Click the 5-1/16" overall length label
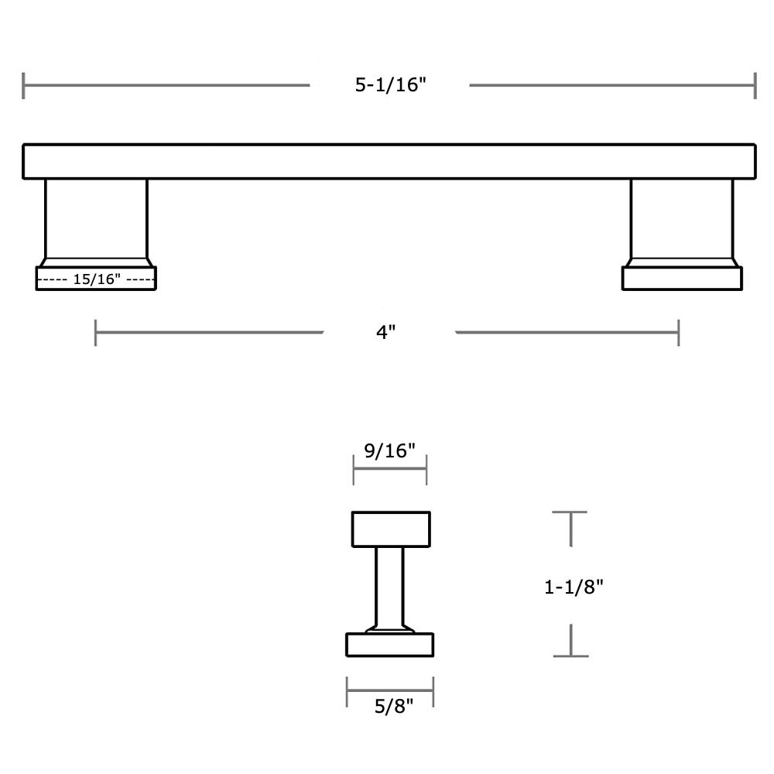[x=391, y=85]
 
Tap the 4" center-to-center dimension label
[x=386, y=332]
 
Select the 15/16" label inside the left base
[x=97, y=279]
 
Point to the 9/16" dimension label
[x=390, y=450]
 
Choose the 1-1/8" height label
[x=574, y=587]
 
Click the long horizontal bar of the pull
[x=389, y=162]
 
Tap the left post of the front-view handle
[x=96, y=219]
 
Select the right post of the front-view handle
[x=682, y=219]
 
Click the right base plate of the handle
[x=682, y=279]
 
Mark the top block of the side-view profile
[x=391, y=529]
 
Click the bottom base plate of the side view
[x=390, y=645]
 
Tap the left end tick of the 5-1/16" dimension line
[x=24, y=85]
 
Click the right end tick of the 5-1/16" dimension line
[x=755, y=85]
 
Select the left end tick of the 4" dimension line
[x=96, y=333]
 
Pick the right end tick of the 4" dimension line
[x=678, y=333]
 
